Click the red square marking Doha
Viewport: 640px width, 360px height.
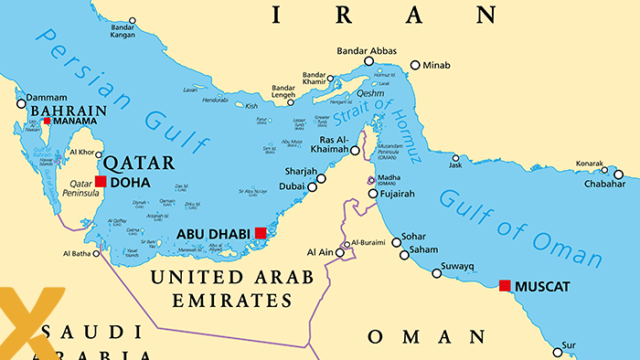point(101,182)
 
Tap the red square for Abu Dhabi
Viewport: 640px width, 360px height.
point(261,233)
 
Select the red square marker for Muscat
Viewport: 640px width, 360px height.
point(505,286)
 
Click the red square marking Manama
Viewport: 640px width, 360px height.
point(47,121)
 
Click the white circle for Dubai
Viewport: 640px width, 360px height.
point(312,187)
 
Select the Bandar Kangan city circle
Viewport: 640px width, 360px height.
point(132,19)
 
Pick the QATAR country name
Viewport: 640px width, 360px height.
point(138,164)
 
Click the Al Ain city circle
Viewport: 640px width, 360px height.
point(339,253)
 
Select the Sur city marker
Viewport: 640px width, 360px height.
point(557,352)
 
